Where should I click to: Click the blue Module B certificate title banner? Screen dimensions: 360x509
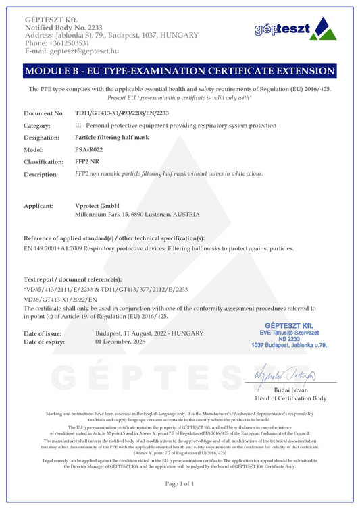point(180,71)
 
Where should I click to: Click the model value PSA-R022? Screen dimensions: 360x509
point(88,149)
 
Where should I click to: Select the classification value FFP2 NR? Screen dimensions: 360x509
point(88,161)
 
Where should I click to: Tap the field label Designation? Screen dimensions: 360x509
point(44,137)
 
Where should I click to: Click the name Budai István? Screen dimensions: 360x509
point(292,390)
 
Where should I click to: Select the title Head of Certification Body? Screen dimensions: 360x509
point(290,398)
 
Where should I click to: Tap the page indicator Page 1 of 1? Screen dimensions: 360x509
point(180,483)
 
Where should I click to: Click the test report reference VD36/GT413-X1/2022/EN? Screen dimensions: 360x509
point(61,298)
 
